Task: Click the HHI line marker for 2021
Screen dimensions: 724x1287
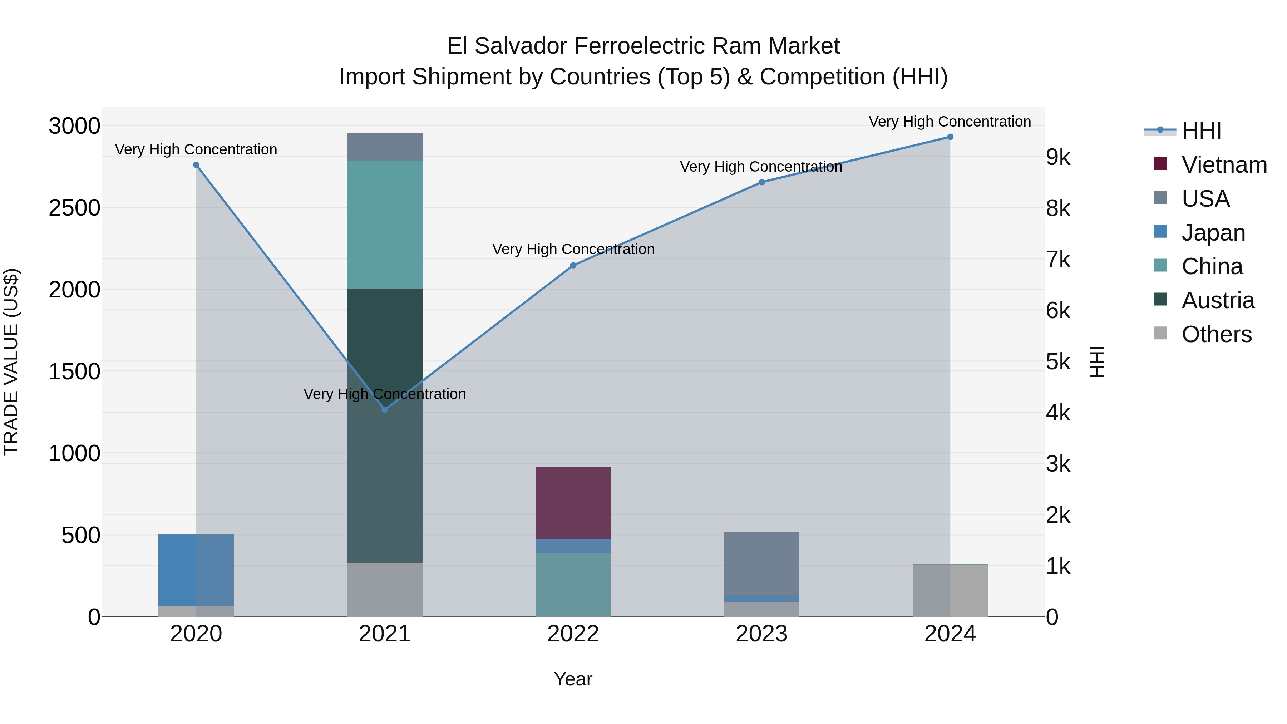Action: [x=385, y=410]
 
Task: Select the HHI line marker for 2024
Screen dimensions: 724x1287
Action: [x=950, y=137]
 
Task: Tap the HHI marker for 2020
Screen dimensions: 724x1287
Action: [x=196, y=165]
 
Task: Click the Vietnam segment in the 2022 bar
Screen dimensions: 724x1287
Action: [x=573, y=503]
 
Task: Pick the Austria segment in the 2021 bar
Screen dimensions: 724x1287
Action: [x=385, y=425]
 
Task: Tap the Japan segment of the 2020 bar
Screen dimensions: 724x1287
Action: [x=196, y=570]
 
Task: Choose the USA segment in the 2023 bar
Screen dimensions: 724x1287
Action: [x=761, y=563]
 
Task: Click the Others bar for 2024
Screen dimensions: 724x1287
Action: [x=950, y=591]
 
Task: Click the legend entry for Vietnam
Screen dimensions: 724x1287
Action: [x=1224, y=165]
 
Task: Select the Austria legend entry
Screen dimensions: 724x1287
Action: [x=1218, y=300]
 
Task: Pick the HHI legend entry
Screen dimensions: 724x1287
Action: [x=1201, y=131]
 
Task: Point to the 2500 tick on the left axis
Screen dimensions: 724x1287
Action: [x=74, y=208]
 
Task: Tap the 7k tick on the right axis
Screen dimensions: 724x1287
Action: [x=1058, y=260]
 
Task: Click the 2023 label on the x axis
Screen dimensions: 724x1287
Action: [x=761, y=634]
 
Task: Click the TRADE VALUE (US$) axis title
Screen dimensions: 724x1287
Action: [x=11, y=362]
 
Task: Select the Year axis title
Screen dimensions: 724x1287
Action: [x=573, y=679]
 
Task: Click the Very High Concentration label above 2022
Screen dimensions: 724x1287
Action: [x=573, y=249]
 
